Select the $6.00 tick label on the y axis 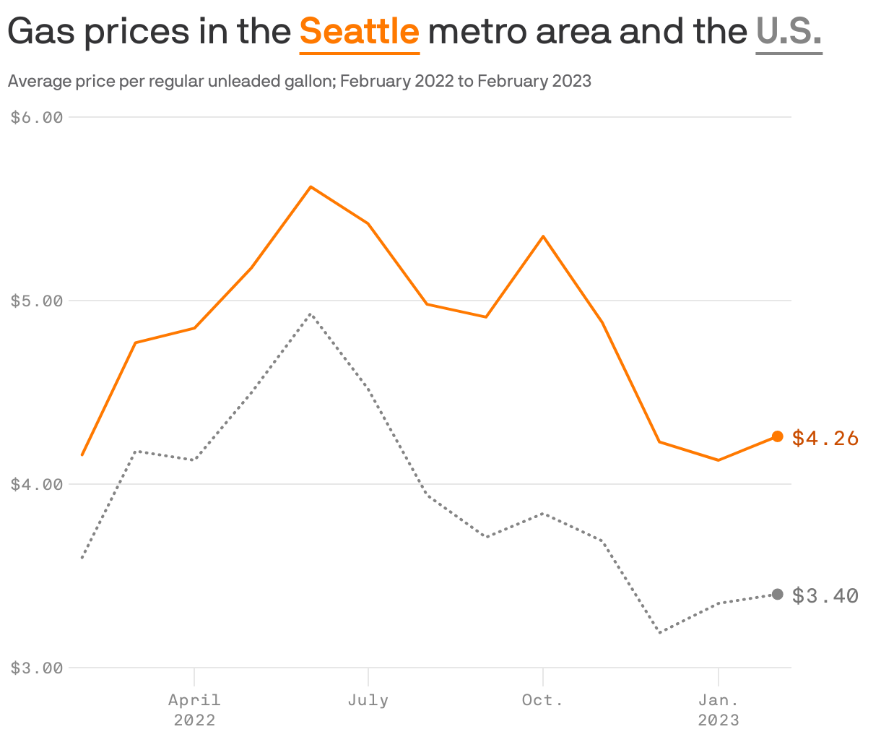pyautogui.click(x=37, y=117)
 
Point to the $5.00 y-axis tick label pyautogui.click(x=37, y=301)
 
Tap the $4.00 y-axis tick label pyautogui.click(x=37, y=484)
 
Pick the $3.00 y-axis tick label pyautogui.click(x=37, y=668)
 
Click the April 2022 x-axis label pyautogui.click(x=194, y=710)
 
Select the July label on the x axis pyautogui.click(x=368, y=700)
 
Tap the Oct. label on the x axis pyautogui.click(x=542, y=700)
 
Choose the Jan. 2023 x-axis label pyautogui.click(x=718, y=710)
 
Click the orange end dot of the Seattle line pyautogui.click(x=778, y=436)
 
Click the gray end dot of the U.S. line pyautogui.click(x=778, y=595)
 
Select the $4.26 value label pyautogui.click(x=825, y=438)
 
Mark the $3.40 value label pyautogui.click(x=825, y=595)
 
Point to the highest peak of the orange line pyautogui.click(x=311, y=187)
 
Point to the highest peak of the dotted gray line pyautogui.click(x=311, y=314)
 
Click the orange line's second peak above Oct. pyautogui.click(x=543, y=236)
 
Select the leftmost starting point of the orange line pyautogui.click(x=82, y=455)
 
